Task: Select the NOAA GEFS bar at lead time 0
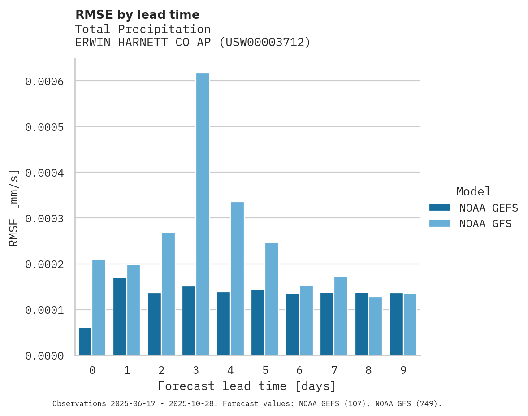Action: (85, 342)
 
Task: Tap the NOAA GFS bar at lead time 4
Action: (237, 279)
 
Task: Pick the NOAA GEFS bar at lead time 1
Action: (120, 316)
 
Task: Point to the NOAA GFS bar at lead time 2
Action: (168, 294)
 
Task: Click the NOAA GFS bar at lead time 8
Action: (375, 326)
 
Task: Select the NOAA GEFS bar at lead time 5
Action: (258, 322)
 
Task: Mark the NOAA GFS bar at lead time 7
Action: (341, 316)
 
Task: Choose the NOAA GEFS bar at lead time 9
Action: (396, 324)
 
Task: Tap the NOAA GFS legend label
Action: (485, 223)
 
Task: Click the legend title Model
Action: (473, 191)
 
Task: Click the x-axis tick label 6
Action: (299, 370)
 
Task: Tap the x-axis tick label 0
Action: (92, 370)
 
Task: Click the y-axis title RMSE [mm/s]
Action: (14, 208)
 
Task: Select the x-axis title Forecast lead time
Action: (247, 386)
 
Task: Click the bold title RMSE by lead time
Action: (137, 15)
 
